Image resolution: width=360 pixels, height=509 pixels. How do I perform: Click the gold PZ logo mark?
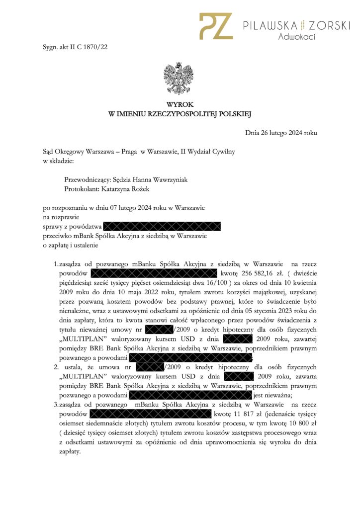(x=216, y=26)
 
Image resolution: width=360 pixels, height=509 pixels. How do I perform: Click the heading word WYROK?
(x=180, y=105)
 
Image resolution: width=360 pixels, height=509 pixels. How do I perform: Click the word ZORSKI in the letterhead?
(x=329, y=25)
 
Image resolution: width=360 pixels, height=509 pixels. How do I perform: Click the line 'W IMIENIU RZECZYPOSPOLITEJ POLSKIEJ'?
(x=180, y=114)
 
